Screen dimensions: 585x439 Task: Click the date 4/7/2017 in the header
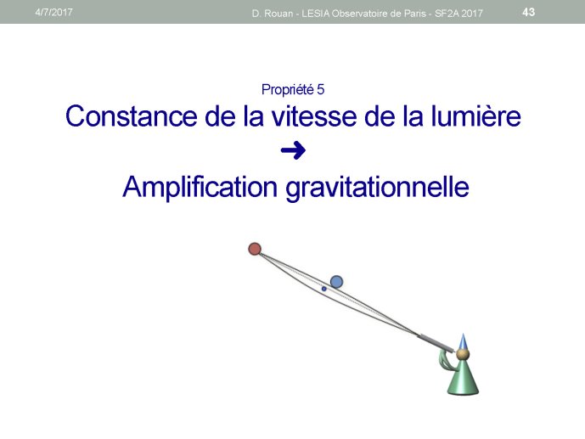[x=53, y=12]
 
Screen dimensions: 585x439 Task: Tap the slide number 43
[x=528, y=12]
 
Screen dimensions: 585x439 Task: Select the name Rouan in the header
[x=278, y=14]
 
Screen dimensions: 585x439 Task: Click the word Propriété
[x=287, y=90]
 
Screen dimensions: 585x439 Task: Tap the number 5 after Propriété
[x=321, y=89]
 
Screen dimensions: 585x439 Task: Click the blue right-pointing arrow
[x=293, y=150]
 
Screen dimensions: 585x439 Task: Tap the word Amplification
[x=200, y=187]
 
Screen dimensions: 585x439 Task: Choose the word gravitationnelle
[x=377, y=187]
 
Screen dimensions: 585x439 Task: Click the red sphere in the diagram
[x=255, y=249]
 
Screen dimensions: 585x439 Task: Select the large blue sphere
[x=336, y=282]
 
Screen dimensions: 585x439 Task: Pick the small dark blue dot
[x=323, y=289]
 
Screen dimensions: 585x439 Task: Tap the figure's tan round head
[x=463, y=354]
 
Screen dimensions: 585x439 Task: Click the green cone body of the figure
[x=463, y=379]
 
